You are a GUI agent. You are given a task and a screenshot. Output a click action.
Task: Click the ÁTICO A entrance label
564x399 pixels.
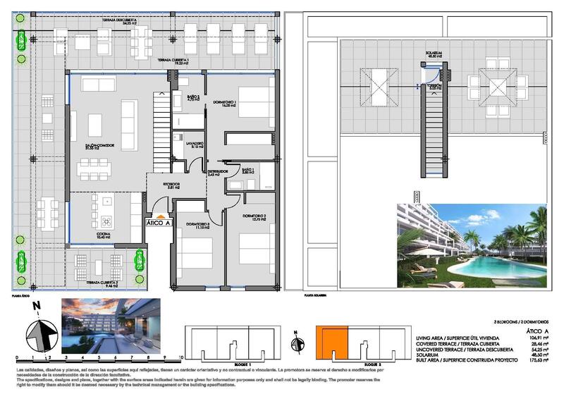(159, 222)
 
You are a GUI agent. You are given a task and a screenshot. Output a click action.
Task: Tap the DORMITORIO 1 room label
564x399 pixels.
(224, 103)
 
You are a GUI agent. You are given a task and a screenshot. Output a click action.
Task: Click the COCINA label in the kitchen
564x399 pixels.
(104, 235)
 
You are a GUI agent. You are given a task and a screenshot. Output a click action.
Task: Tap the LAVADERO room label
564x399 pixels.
(195, 145)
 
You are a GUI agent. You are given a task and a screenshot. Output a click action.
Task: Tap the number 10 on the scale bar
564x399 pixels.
(182, 358)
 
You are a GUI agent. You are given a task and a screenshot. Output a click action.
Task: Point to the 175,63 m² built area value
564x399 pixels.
(535, 360)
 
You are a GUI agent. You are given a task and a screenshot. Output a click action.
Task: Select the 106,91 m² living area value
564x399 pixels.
(535, 337)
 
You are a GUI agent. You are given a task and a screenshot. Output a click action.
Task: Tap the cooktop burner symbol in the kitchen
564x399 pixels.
(107, 219)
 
